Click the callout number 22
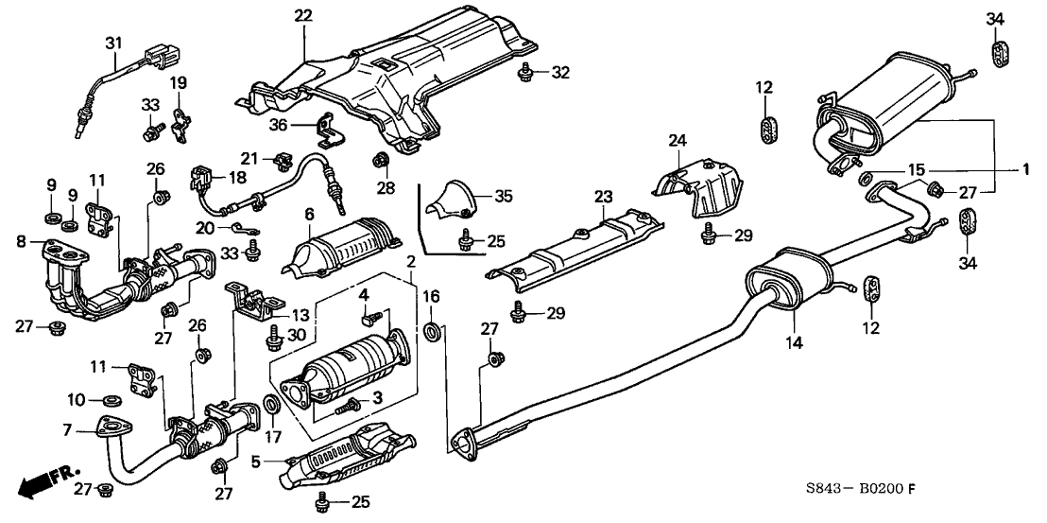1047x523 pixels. click(302, 16)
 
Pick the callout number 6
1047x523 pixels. click(308, 215)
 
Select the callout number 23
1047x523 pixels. click(602, 198)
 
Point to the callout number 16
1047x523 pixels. click(431, 296)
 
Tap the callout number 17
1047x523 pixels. click(273, 436)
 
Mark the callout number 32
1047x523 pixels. click(560, 72)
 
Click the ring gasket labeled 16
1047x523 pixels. click(432, 332)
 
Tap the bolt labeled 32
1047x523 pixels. click(525, 70)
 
